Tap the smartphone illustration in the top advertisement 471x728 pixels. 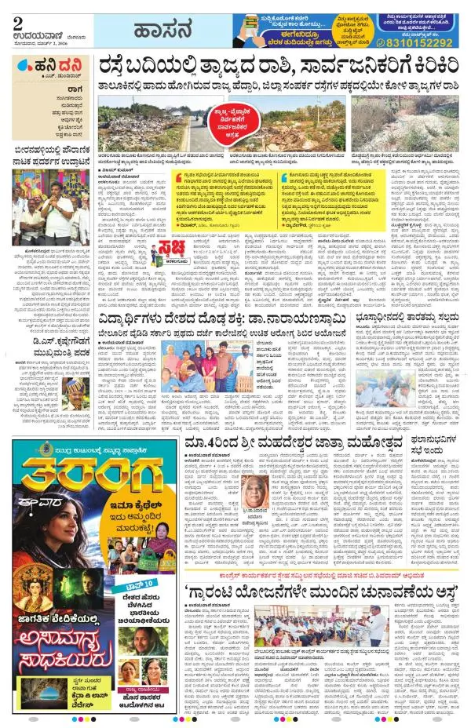(x=252, y=28)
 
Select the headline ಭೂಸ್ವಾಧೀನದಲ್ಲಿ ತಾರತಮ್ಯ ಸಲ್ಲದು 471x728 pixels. (x=407, y=319)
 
